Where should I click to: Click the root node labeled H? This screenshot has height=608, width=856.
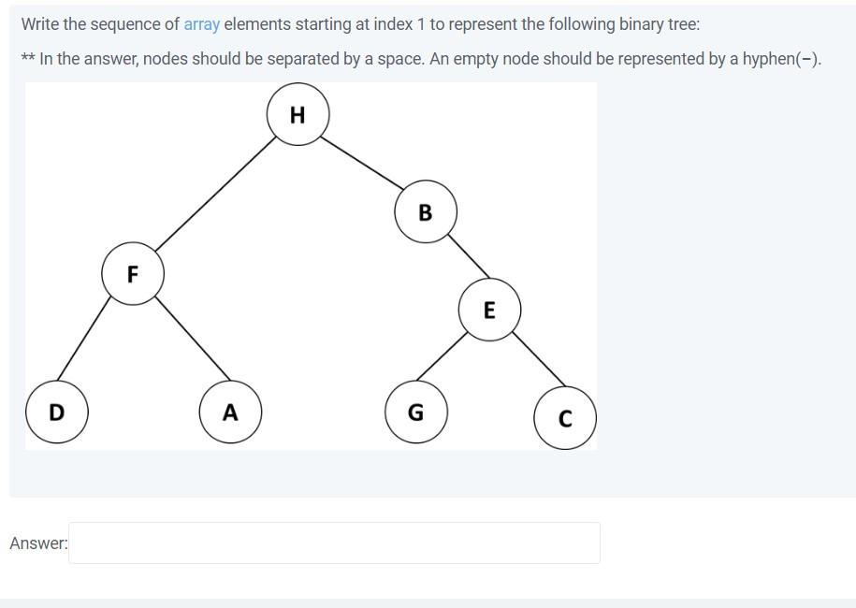click(x=297, y=114)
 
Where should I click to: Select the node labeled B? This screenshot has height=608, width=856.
click(x=426, y=212)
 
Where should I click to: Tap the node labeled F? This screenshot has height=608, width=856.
click(x=133, y=274)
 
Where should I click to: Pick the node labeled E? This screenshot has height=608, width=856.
click(x=489, y=310)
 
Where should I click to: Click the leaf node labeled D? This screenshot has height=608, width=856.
click(x=56, y=412)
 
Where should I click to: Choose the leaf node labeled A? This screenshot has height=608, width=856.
click(x=230, y=412)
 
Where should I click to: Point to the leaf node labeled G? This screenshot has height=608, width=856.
click(x=416, y=412)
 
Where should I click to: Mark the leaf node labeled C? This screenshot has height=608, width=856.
click(x=565, y=418)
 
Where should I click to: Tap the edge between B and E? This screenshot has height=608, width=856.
click(x=469, y=255)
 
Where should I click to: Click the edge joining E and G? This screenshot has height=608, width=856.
click(x=443, y=355)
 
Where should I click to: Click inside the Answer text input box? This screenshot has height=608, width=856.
click(x=334, y=543)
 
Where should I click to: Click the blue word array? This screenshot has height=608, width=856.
click(x=201, y=24)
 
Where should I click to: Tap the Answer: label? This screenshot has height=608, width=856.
click(x=38, y=543)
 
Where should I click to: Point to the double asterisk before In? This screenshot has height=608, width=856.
click(x=28, y=58)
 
